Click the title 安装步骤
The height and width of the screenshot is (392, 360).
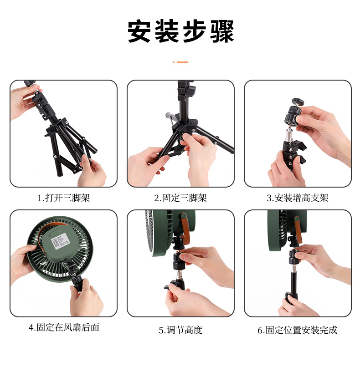(180, 31)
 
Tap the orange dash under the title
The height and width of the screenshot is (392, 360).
(180, 62)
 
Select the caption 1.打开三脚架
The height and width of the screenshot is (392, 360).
(63, 198)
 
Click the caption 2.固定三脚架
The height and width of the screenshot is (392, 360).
(180, 198)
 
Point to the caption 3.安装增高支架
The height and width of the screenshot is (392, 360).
(298, 198)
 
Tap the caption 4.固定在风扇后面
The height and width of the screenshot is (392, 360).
(64, 327)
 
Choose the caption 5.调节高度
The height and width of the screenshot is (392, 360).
(180, 330)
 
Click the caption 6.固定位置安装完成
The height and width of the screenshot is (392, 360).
(298, 330)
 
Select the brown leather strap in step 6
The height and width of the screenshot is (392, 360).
(298, 230)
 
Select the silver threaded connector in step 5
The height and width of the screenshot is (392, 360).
(179, 275)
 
